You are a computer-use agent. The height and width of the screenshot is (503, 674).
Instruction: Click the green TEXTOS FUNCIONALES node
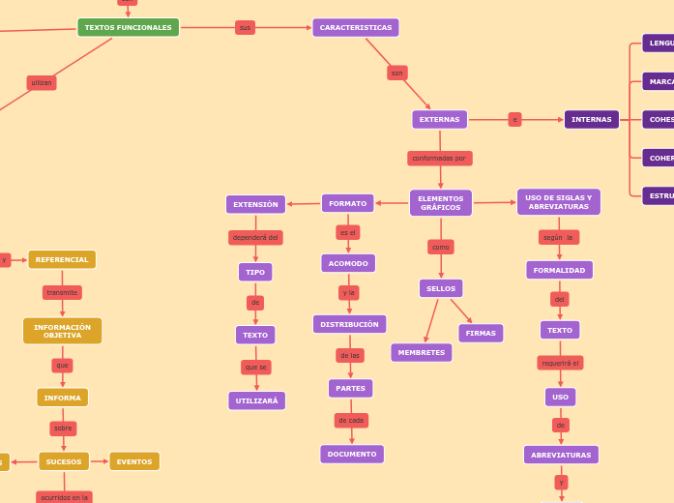128,27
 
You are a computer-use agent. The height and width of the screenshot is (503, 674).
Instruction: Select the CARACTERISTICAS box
355,27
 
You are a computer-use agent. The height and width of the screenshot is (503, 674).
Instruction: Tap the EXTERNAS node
439,119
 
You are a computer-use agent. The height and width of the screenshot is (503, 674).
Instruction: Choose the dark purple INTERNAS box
591,119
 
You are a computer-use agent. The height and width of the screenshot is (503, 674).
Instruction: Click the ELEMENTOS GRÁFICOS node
440,202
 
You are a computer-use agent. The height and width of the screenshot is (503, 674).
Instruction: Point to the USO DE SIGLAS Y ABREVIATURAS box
558,202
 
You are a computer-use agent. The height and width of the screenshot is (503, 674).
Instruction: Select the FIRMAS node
481,333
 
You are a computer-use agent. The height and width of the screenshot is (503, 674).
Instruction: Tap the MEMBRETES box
421,352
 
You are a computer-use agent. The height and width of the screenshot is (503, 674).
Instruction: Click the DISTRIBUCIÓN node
349,324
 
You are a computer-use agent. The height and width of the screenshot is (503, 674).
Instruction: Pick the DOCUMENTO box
352,454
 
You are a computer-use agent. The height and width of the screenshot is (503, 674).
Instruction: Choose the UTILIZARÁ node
256,400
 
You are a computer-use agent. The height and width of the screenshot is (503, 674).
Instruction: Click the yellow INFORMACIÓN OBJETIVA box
62,331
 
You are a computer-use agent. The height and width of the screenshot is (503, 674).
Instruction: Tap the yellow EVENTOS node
134,461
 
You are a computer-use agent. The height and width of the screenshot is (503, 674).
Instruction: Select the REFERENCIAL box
62,259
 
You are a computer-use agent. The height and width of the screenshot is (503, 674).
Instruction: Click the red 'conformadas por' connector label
439,158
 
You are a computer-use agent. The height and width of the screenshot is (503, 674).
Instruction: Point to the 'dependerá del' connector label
255,237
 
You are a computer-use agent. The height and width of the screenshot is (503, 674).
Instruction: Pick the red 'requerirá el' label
560,363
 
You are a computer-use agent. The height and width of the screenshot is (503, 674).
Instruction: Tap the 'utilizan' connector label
42,83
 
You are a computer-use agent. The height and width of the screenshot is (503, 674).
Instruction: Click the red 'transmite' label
62,292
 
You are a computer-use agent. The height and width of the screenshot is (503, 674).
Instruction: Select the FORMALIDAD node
559,270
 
